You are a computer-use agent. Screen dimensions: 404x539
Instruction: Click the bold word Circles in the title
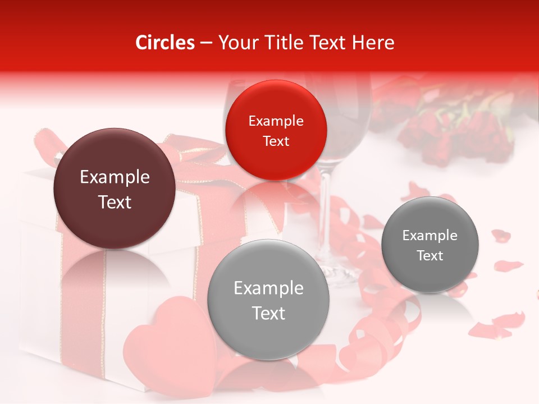click(165, 43)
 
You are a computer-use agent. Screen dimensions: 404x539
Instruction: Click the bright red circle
click(276, 131)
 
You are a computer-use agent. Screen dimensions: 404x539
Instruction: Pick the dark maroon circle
click(115, 189)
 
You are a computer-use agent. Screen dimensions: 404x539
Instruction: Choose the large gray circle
click(268, 300)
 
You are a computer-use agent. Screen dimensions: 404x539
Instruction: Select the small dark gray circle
click(430, 245)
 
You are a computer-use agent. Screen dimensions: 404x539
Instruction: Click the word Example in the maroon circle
click(115, 177)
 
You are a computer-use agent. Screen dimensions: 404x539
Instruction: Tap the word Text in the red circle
click(276, 141)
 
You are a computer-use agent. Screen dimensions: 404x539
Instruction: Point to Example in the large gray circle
click(268, 288)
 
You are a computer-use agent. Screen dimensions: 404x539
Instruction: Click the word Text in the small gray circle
click(430, 256)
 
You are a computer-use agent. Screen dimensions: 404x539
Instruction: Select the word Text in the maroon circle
click(115, 202)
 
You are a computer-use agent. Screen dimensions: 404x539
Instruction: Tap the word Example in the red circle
click(276, 121)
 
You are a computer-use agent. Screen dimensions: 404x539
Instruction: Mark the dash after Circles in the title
click(206, 43)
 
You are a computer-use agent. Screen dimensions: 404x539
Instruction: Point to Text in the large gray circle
click(268, 313)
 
